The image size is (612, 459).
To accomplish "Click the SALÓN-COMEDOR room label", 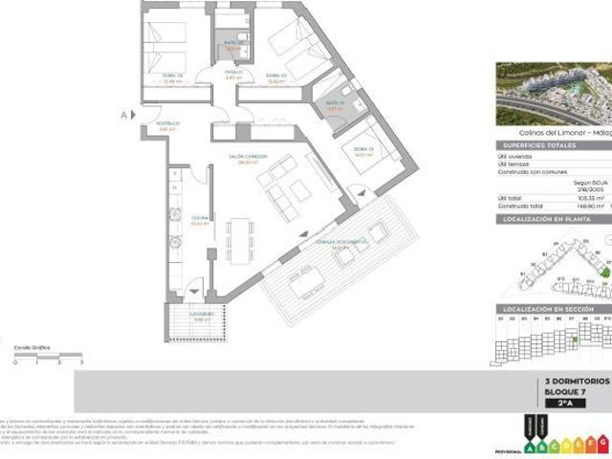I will click(248, 157).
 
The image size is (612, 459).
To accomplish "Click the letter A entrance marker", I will click(122, 115).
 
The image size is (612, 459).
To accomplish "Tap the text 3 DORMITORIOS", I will click(575, 381).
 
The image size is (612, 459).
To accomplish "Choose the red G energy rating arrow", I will click(601, 443).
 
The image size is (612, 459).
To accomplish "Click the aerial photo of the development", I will click(554, 94).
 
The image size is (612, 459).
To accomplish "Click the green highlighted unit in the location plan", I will click(603, 273).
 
